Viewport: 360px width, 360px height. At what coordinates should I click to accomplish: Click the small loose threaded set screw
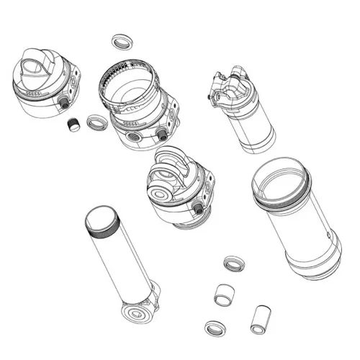[72, 126]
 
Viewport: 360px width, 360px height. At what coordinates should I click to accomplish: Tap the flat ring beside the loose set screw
[94, 122]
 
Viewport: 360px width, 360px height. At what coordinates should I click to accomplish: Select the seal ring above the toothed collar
[122, 40]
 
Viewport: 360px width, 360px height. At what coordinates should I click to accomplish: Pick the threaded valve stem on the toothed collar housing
[162, 135]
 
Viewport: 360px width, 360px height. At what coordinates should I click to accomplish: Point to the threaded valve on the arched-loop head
[197, 208]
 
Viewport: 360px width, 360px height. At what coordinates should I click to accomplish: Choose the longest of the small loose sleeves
[258, 318]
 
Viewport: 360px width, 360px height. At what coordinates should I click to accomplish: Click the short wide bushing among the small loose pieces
[226, 294]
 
